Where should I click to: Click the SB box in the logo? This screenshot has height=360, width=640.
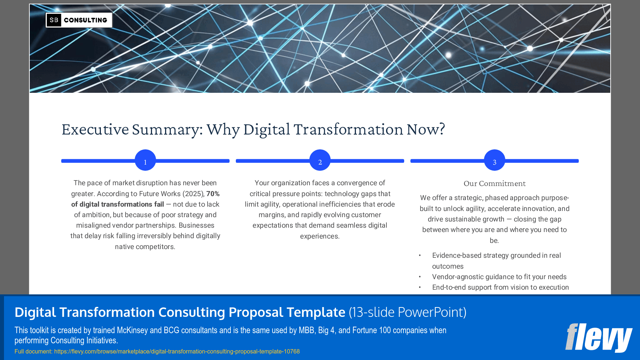[x=54, y=20]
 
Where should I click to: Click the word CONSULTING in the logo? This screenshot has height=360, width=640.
[x=86, y=20]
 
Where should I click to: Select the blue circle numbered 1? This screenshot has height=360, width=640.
[x=145, y=160]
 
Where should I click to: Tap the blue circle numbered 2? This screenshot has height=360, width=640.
[x=320, y=160]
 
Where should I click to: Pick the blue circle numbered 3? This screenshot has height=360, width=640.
[x=494, y=160]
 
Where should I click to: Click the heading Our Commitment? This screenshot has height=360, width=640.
[x=494, y=183]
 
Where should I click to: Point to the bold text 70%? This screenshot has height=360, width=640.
[x=213, y=194]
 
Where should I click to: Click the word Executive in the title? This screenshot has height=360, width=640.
[x=95, y=129]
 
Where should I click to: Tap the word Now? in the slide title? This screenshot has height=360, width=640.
[x=425, y=129]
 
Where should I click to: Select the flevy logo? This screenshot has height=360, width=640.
[x=598, y=337]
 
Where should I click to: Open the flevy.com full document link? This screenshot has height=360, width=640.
[x=177, y=351]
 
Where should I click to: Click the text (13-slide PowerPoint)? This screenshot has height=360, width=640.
[x=407, y=312]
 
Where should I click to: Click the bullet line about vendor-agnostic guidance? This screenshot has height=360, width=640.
[x=499, y=277]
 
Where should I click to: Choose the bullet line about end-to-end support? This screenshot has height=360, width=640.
[x=500, y=287]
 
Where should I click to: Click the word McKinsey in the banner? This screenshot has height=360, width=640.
[x=132, y=330]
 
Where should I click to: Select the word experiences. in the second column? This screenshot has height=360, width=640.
[x=320, y=236]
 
